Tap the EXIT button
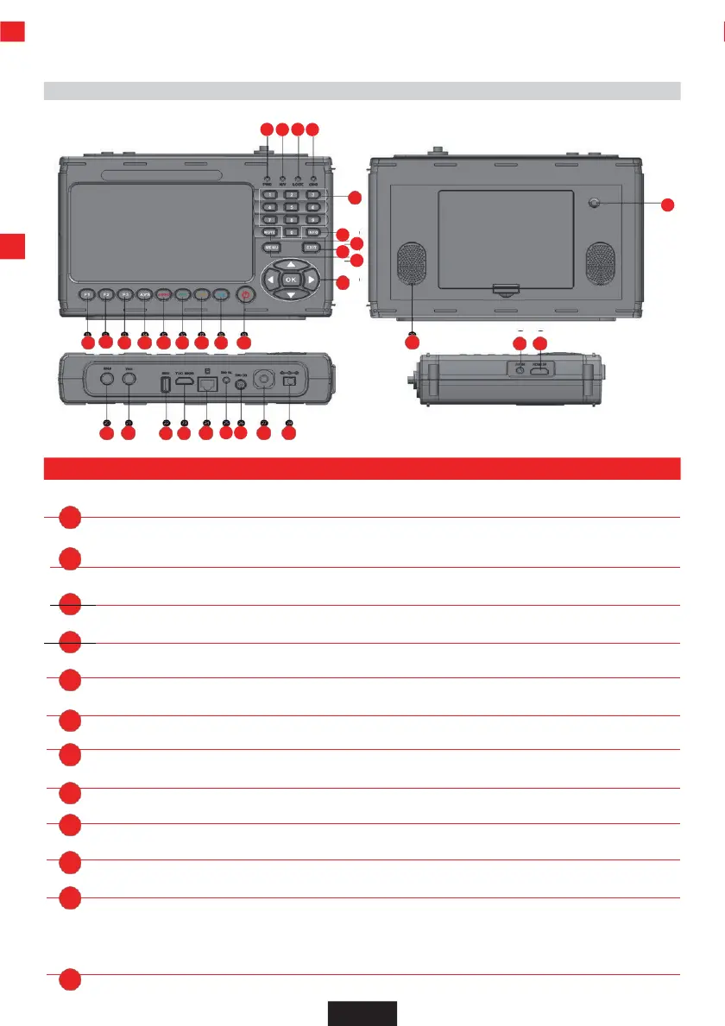pos(312,249)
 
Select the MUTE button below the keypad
pos(270,233)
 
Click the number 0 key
pos(292,233)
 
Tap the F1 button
pos(87,294)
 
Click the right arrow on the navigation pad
pos(311,280)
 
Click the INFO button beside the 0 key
pos(313,233)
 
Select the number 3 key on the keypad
pos(313,195)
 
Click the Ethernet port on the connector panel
pos(206,386)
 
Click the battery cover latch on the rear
pos(505,288)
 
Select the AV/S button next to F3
pos(144,294)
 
